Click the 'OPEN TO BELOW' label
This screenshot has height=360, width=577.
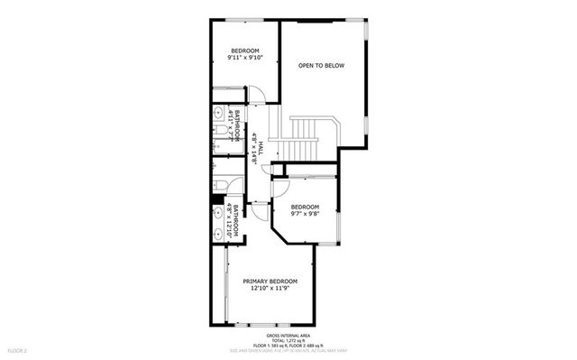[322, 66]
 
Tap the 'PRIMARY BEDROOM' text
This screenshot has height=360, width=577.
[270, 281]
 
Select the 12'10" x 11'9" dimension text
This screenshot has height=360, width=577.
[270, 289]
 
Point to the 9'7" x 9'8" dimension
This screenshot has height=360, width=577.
[306, 215]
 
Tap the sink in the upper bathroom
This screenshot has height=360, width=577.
[220, 114]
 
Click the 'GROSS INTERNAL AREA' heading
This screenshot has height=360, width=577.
[288, 334]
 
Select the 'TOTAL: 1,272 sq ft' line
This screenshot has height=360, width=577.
[288, 339]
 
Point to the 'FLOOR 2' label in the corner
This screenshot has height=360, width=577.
[18, 350]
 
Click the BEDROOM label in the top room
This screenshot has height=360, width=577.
[245, 51]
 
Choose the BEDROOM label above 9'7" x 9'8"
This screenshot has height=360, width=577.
[306, 208]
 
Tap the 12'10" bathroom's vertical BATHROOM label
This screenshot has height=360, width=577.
[237, 220]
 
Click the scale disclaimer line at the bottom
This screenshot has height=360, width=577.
[288, 351]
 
